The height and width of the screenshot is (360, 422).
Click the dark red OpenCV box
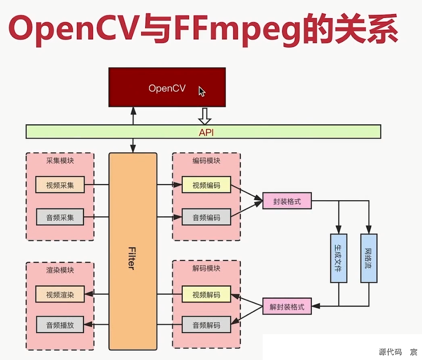click(167, 88)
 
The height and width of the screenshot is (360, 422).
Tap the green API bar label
click(206, 132)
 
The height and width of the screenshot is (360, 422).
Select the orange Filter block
click(133, 251)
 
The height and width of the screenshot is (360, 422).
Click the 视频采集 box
click(60, 185)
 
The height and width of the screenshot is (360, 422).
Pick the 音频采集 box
click(60, 217)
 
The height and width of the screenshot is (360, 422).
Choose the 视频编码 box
click(206, 185)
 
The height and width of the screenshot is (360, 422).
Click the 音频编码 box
click(206, 217)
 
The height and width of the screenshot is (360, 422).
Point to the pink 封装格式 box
click(287, 201)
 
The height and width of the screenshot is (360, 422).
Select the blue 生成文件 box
click(338, 258)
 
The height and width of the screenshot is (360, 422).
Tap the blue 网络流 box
click(368, 258)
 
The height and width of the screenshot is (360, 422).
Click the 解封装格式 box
click(287, 306)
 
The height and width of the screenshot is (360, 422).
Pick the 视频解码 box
click(206, 294)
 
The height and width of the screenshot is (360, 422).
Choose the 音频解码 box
click(206, 325)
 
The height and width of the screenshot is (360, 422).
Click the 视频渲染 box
click(60, 294)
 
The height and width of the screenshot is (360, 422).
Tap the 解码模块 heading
click(206, 269)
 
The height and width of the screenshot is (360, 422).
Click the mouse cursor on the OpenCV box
click(202, 92)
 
